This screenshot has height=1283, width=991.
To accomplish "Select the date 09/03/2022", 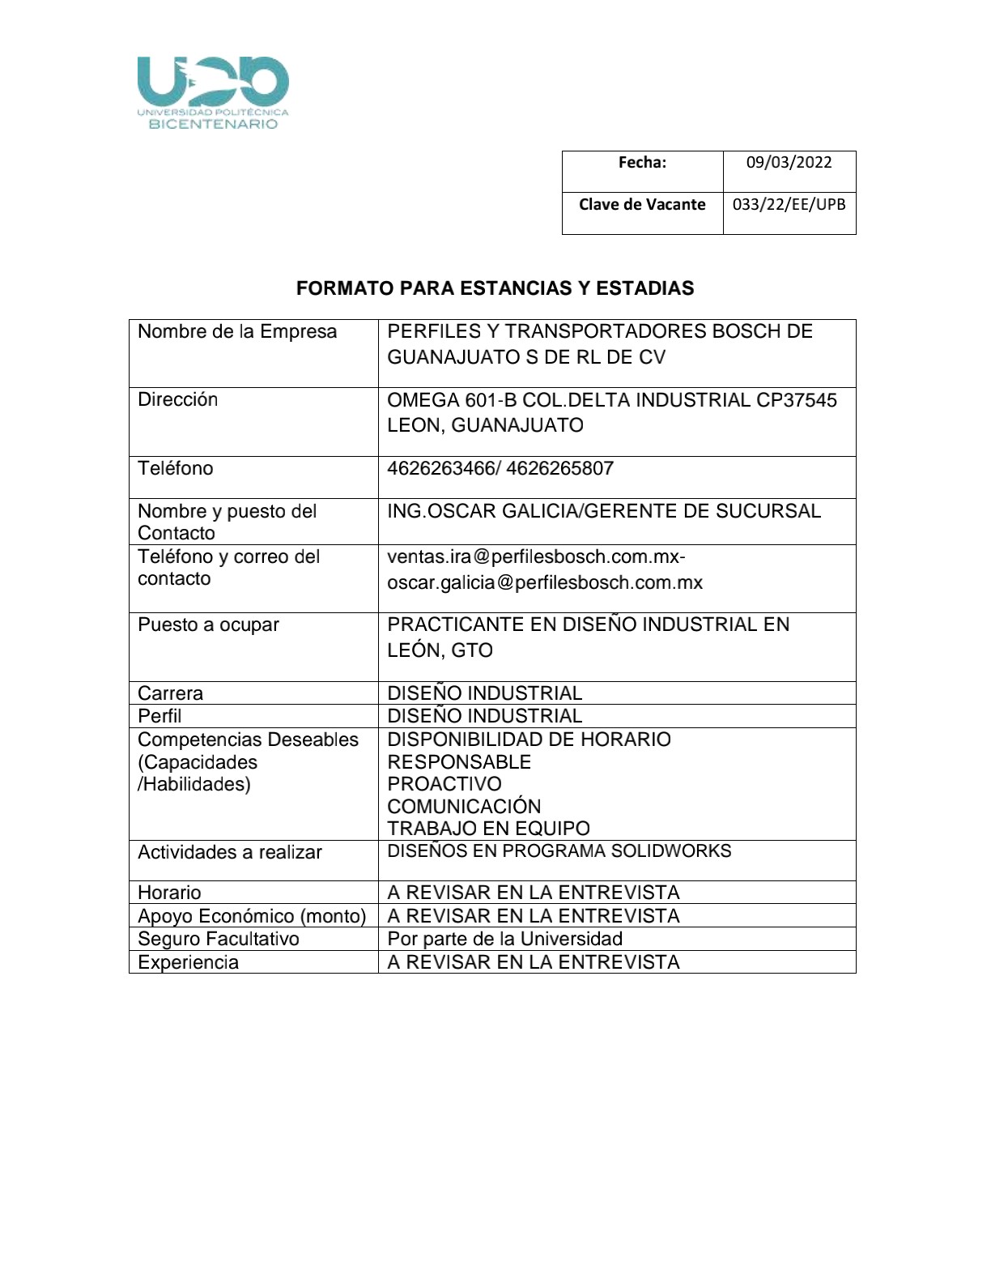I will (789, 162).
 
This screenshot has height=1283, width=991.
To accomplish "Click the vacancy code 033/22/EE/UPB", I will (789, 204).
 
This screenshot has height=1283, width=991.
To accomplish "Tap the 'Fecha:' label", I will (642, 162).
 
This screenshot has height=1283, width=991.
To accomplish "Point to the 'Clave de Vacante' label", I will (642, 204).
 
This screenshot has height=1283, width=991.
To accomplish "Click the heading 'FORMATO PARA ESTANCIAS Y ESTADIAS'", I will (495, 288).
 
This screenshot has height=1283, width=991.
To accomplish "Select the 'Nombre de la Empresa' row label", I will (237, 331).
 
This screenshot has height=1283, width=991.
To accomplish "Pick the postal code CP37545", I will (797, 400).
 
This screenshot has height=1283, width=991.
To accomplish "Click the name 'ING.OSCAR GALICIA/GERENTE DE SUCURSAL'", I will (604, 511).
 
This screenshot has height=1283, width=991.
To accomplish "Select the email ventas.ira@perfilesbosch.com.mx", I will (535, 557).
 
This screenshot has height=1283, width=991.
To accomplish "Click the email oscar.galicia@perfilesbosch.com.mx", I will (545, 582).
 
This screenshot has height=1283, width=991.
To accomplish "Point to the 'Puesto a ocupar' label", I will (208, 624).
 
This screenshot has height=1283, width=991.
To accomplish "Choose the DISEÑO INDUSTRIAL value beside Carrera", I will (484, 693).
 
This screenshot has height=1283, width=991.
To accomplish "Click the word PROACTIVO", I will (444, 784).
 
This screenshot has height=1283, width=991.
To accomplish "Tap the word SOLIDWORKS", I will (671, 851).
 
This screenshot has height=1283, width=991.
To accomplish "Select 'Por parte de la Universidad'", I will (504, 939).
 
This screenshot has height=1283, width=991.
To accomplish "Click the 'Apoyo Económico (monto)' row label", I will (252, 916).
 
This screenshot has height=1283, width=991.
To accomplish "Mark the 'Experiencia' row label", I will (188, 962).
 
